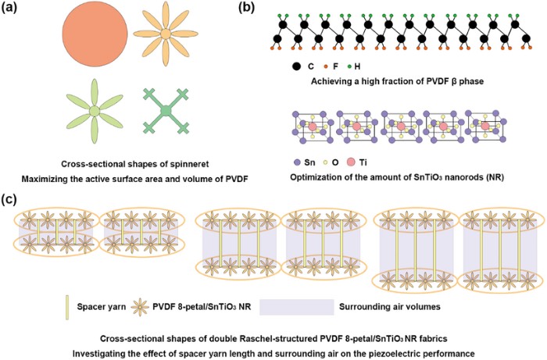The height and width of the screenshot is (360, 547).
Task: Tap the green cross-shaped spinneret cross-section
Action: click(166, 114)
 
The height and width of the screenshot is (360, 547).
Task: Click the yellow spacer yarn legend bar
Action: click(68, 299)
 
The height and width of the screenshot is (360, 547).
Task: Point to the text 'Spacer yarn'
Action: click(99, 299)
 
